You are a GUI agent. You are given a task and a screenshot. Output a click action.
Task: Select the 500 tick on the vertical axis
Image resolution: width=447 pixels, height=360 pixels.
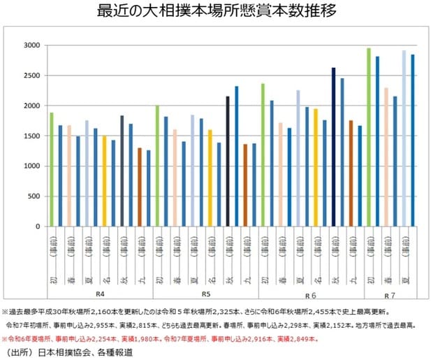point(31,196)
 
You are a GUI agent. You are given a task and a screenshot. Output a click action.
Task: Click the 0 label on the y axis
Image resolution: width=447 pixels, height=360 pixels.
point(37,226)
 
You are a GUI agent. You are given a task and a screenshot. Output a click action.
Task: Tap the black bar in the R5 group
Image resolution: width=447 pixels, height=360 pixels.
point(228,161)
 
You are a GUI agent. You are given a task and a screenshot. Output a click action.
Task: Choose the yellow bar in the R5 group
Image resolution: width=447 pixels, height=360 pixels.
point(210,178)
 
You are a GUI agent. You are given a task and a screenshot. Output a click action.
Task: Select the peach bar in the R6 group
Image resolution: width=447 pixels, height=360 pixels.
point(280,175)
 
